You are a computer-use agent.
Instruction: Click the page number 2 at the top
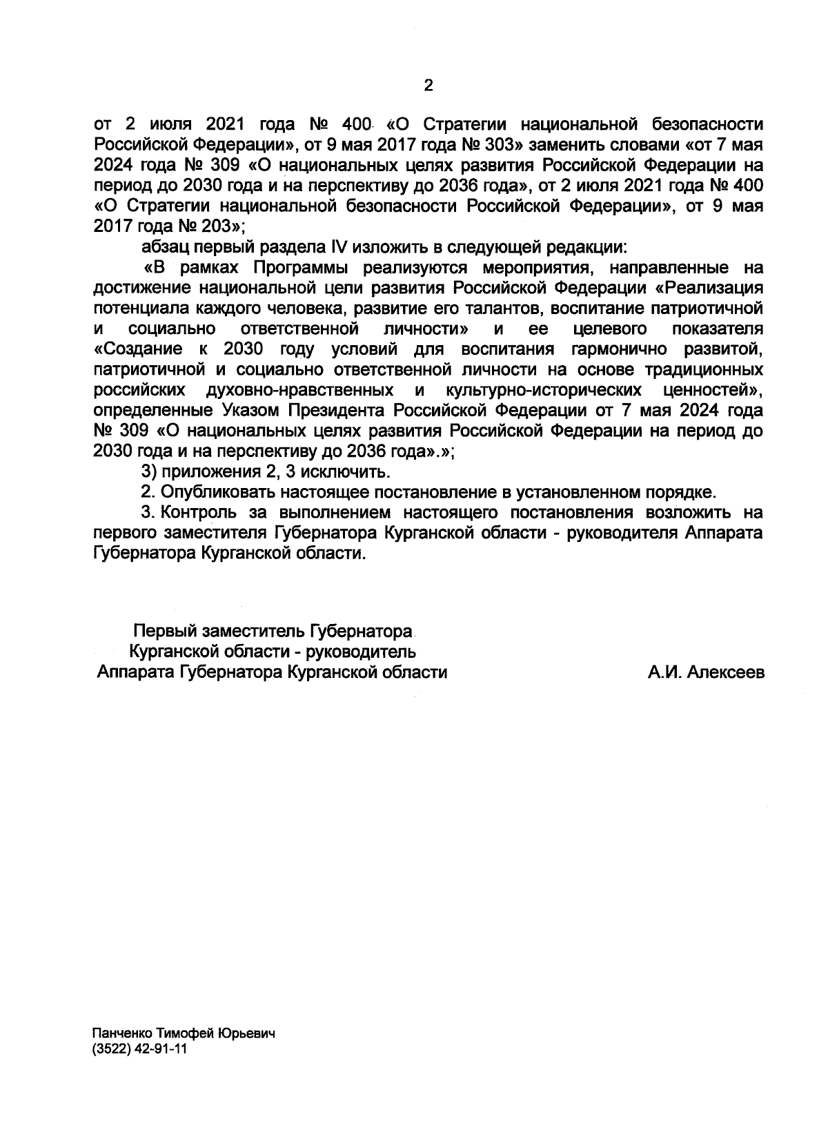click(x=428, y=86)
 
